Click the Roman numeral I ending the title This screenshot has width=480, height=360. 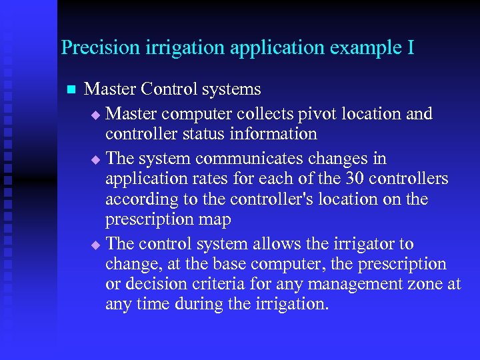pos(410,48)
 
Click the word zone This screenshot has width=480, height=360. pos(427,285)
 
